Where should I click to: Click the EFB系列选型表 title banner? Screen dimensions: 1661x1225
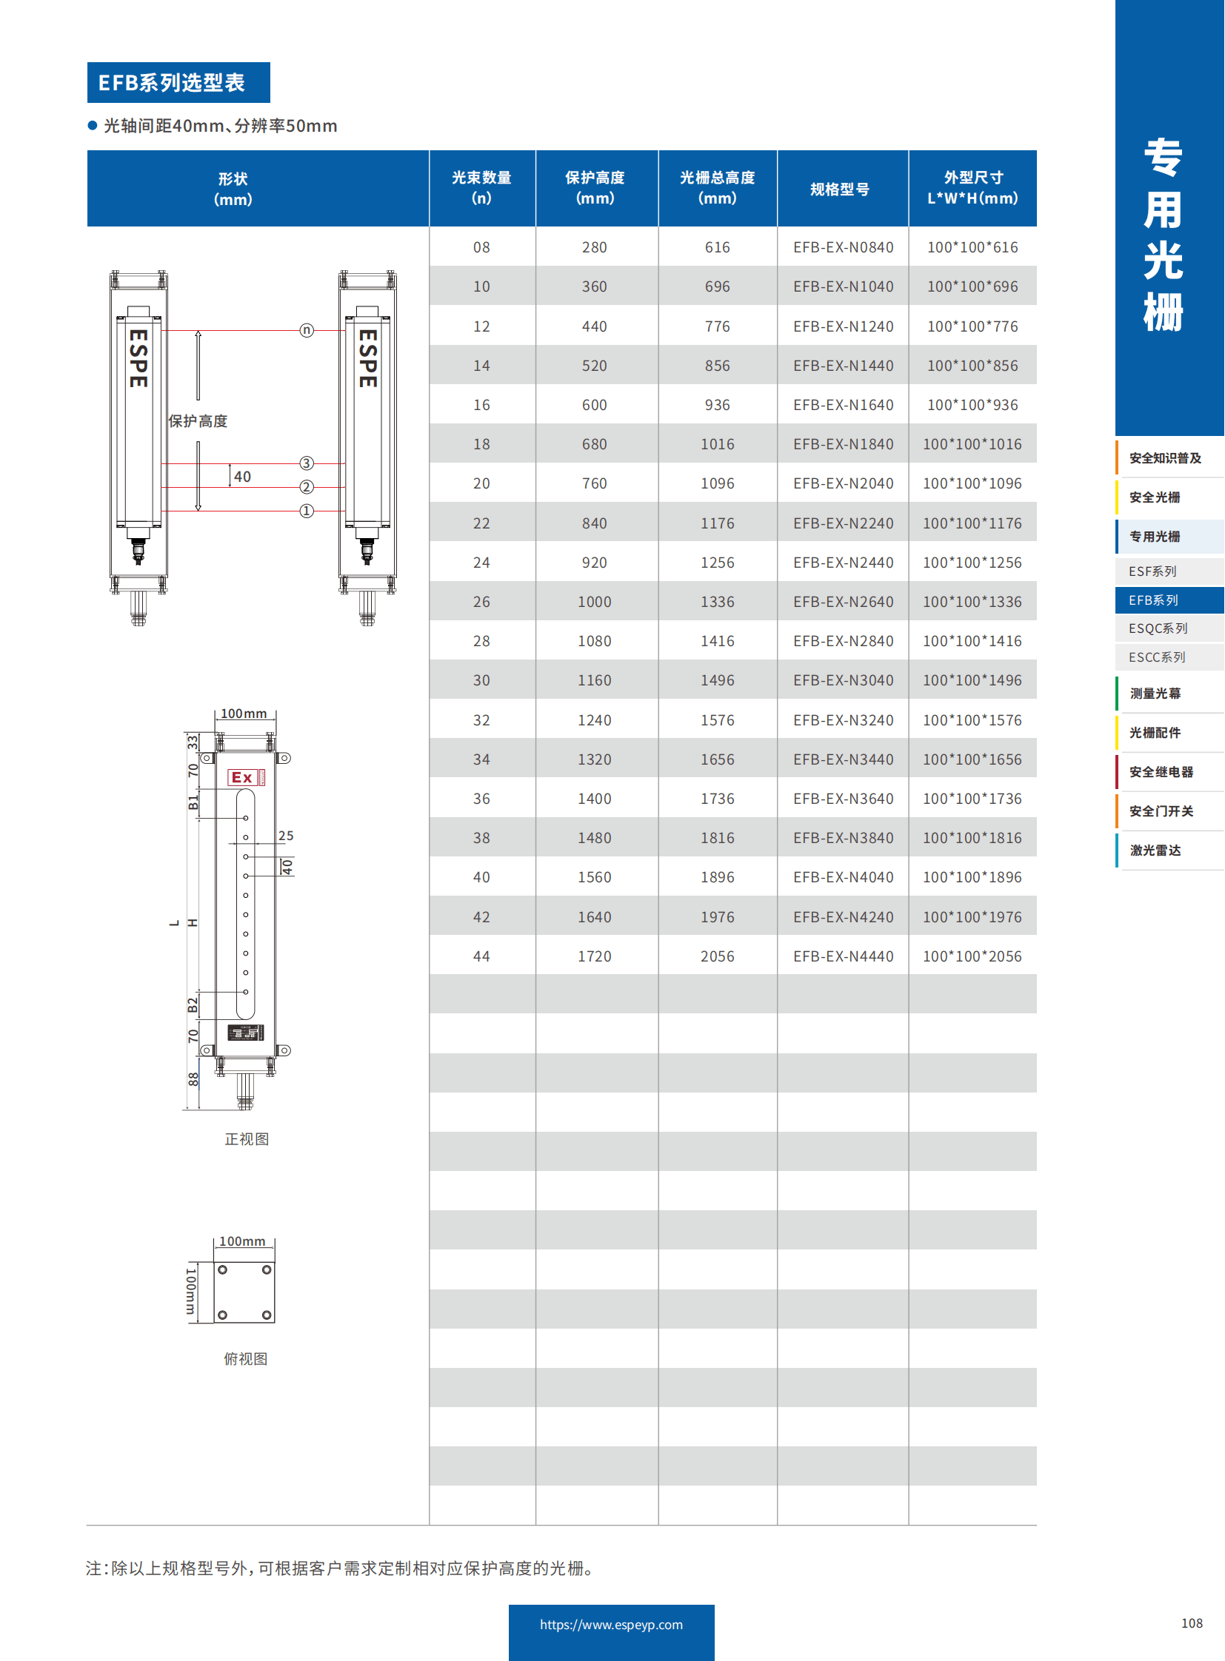178,82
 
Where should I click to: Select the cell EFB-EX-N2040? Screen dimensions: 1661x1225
843,483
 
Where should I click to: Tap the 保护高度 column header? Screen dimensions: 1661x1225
595,187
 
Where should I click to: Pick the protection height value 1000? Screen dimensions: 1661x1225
595,602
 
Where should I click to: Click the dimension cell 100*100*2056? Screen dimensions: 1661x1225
972,956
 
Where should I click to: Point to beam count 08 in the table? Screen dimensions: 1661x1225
481,247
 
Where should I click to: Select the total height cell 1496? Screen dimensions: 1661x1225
717,680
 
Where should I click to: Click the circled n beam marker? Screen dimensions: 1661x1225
307,331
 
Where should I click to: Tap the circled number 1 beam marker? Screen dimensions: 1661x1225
307,511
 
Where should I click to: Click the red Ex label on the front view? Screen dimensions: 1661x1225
242,777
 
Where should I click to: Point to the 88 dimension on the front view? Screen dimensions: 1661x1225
193,1079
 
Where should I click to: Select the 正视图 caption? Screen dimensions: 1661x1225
247,1139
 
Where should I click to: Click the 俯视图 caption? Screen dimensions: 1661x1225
245,1358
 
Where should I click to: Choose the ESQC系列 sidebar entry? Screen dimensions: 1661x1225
1158,628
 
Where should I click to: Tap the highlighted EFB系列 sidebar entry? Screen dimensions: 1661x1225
1154,600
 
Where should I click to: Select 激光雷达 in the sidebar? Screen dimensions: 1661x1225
1155,850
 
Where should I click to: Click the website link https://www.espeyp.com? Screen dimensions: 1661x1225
611,1625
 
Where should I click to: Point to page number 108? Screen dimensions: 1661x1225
1192,1623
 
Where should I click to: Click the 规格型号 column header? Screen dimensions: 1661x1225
839,189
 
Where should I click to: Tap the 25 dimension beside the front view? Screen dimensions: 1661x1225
285,836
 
